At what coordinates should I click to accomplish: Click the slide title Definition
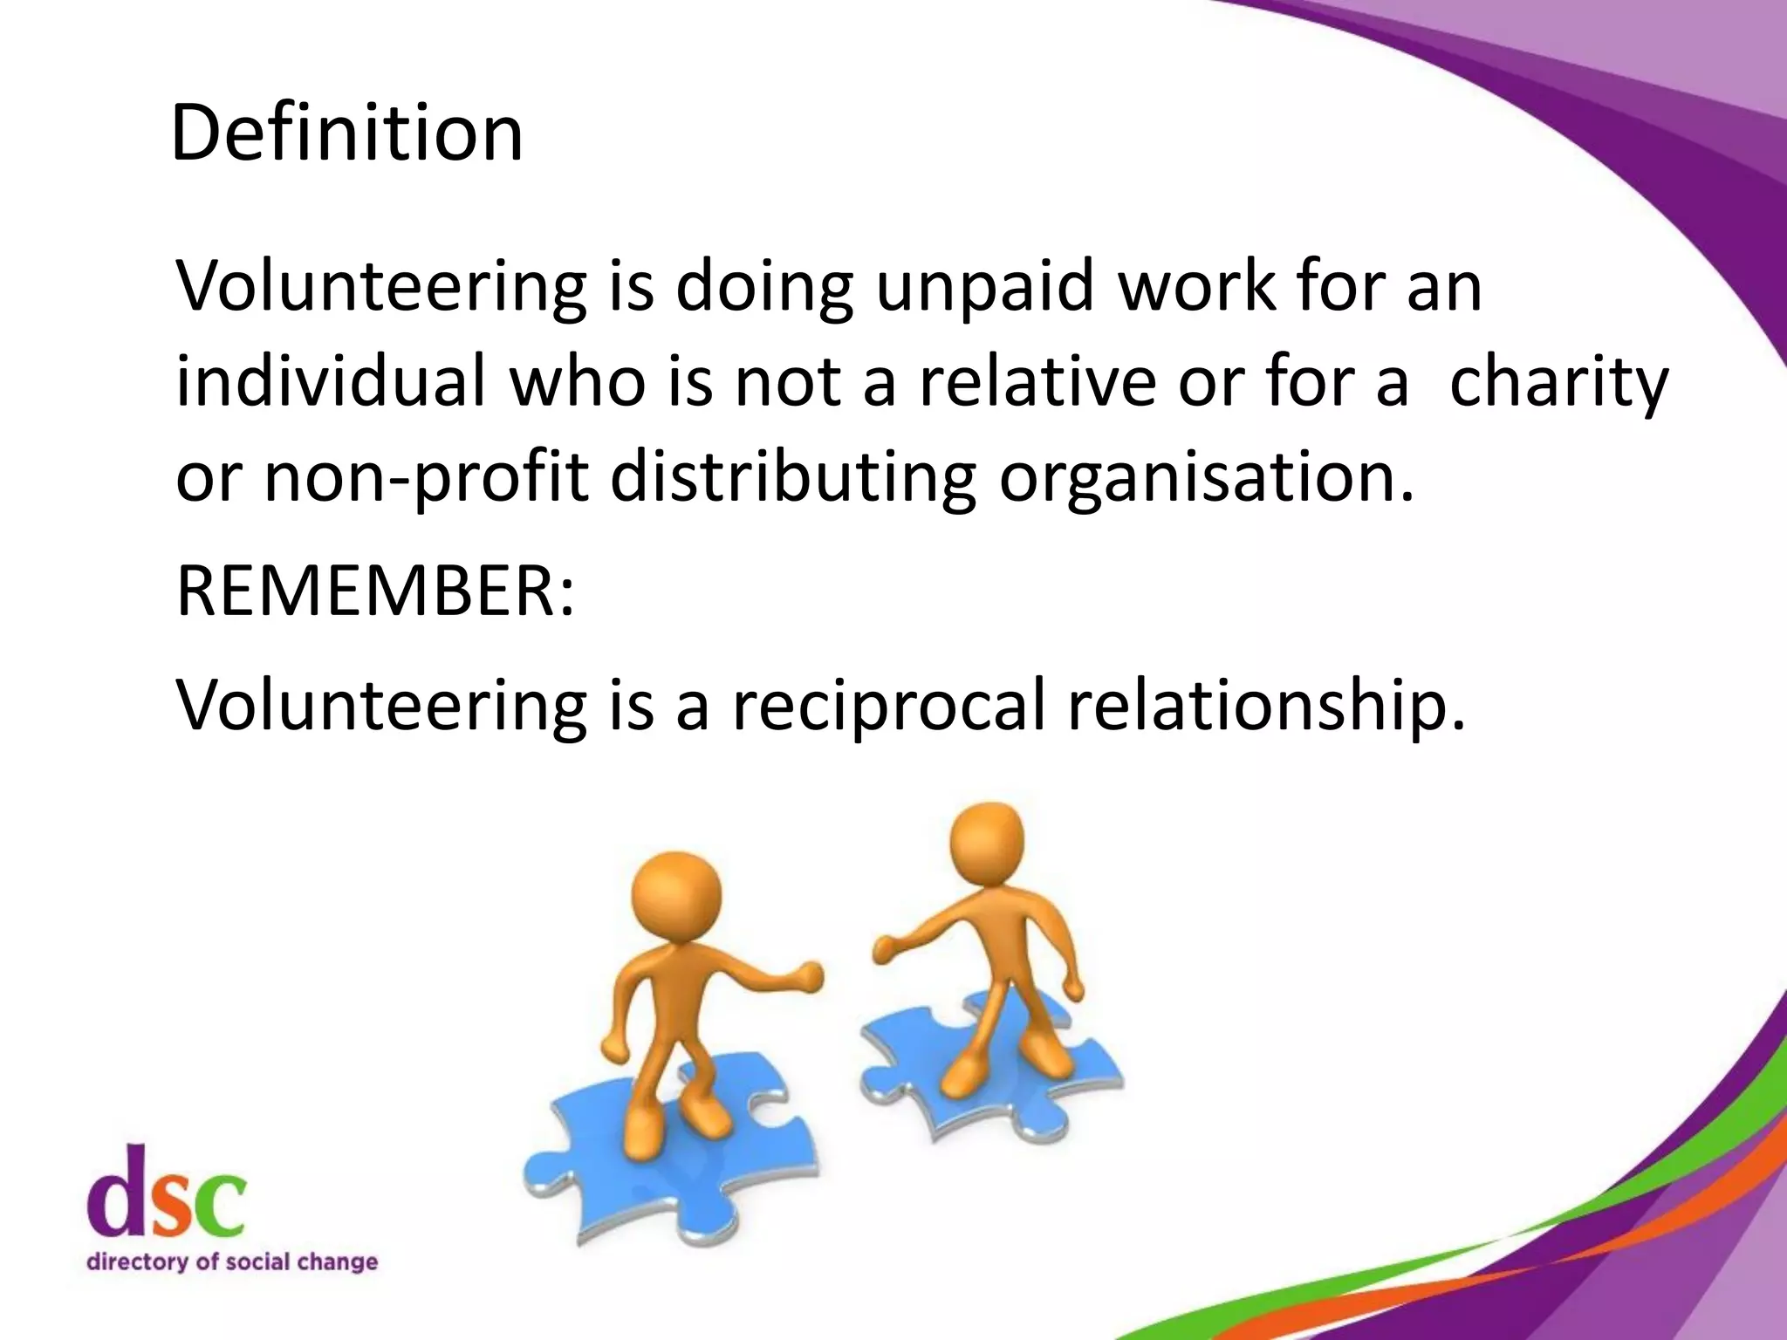coord(346,133)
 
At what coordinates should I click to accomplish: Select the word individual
coord(331,381)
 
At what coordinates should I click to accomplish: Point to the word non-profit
coord(426,478)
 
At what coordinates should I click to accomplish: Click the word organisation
coord(1204,478)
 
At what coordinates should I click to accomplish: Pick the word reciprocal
coord(888,705)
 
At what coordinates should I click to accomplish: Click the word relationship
coord(1266,705)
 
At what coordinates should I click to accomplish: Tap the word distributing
coord(793,478)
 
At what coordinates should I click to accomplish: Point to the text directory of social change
coord(232,1261)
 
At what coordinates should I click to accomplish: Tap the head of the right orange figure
coord(986,844)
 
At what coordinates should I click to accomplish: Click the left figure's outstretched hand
coord(808,976)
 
